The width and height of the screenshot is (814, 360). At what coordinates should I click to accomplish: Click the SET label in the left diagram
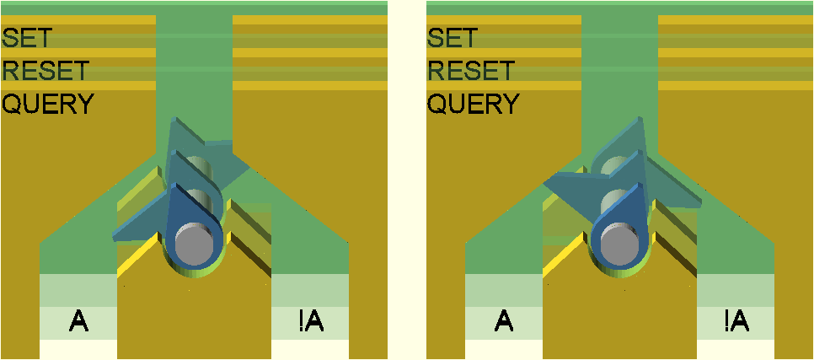pyautogui.click(x=27, y=38)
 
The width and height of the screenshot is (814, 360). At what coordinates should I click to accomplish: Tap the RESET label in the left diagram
pyautogui.click(x=46, y=70)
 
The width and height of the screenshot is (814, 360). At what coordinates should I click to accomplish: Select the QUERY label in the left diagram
pyautogui.click(x=48, y=104)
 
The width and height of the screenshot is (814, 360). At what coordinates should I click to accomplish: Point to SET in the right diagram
pyautogui.click(x=452, y=38)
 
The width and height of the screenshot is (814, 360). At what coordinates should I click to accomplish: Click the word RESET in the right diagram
pyautogui.click(x=470, y=70)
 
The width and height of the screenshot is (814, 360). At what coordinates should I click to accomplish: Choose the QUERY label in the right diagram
pyautogui.click(x=473, y=104)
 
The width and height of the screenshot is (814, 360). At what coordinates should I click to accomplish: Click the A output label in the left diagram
pyautogui.click(x=78, y=320)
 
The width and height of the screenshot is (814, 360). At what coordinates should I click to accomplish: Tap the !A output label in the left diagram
pyautogui.click(x=310, y=320)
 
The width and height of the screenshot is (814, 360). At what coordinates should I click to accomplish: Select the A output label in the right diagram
pyautogui.click(x=503, y=320)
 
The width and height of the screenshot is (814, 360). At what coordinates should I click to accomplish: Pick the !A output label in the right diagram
pyautogui.click(x=735, y=320)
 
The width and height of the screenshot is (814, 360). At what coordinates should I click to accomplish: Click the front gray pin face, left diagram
pyautogui.click(x=196, y=244)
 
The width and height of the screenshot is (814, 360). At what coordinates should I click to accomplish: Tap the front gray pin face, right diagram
pyautogui.click(x=621, y=244)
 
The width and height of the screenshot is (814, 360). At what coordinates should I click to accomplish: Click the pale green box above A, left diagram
pyautogui.click(x=78, y=290)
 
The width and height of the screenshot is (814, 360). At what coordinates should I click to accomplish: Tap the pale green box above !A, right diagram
pyautogui.click(x=735, y=290)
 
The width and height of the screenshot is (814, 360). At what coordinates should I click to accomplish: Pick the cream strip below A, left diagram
pyautogui.click(x=78, y=348)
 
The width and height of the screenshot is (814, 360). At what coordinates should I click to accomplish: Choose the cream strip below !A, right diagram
pyautogui.click(x=735, y=348)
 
